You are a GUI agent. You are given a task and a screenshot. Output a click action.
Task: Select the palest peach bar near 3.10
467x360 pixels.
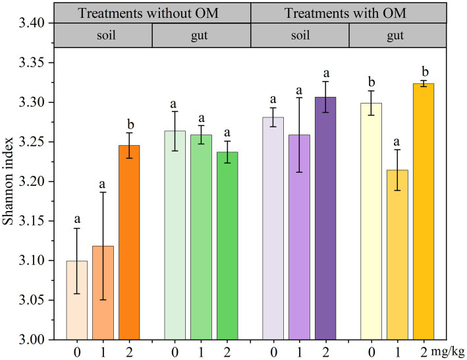(77, 300)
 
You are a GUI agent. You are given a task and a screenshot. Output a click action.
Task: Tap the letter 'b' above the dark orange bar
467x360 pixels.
(129, 123)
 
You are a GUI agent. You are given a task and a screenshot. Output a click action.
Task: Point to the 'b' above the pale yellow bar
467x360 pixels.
(372, 82)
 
